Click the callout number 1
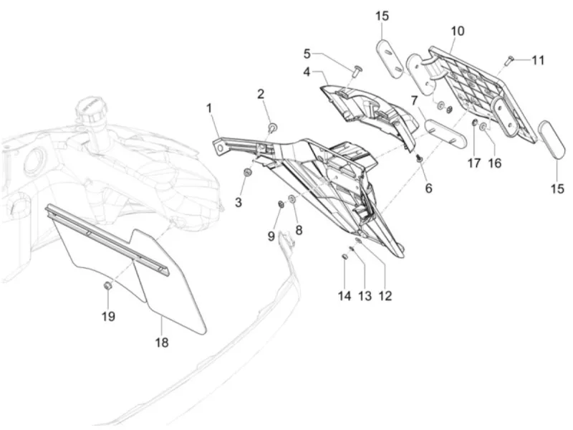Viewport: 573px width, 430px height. (208, 109)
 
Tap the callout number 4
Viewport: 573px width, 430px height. (307, 72)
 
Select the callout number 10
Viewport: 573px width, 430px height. (458, 32)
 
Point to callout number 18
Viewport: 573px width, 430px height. (162, 343)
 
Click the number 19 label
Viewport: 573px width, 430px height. (108, 316)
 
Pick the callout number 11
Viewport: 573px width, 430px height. (538, 60)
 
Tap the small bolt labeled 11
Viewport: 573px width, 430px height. (509, 60)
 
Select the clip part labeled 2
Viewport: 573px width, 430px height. (273, 128)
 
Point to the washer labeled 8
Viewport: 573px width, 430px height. (293, 199)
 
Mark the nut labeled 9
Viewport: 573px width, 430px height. (281, 204)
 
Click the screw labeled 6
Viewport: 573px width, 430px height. (420, 159)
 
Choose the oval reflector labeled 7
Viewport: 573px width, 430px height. (446, 133)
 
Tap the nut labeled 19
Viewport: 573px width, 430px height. (107, 285)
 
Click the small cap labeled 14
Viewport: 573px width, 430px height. (344, 257)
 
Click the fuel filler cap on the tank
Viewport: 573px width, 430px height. (90, 110)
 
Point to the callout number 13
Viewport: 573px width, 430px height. (365, 296)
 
